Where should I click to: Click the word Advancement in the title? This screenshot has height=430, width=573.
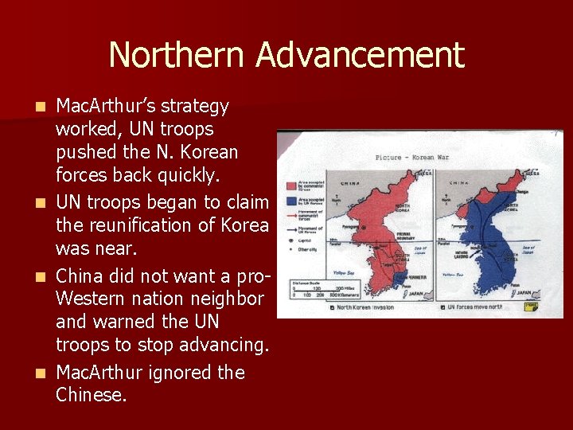(x=360, y=56)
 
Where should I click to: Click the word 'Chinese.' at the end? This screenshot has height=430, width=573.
(x=91, y=394)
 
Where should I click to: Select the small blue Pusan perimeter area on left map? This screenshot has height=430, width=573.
(x=398, y=279)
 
